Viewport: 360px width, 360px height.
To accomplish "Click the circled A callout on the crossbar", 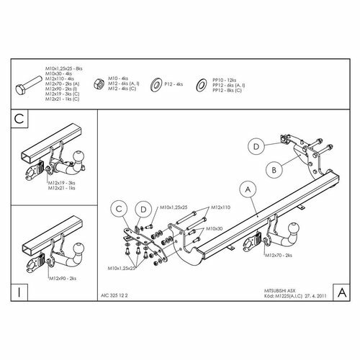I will (x=247, y=189).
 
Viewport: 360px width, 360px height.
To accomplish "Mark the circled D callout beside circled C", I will (x=142, y=210).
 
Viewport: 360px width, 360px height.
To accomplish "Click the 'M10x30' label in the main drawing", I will (x=213, y=228).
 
